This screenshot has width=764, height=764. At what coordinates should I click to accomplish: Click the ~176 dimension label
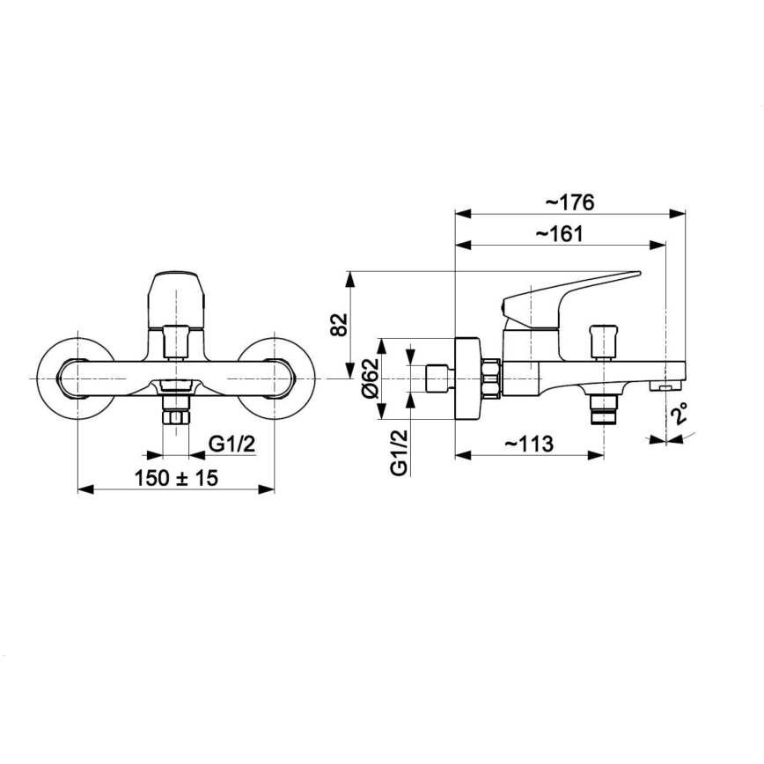[x=569, y=202]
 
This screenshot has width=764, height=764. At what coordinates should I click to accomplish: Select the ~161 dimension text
[x=560, y=234]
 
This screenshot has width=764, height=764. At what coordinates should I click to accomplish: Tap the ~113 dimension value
[x=529, y=444]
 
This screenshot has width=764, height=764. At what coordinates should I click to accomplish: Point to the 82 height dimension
[x=340, y=324]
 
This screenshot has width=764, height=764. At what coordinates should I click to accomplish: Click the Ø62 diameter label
[x=371, y=378]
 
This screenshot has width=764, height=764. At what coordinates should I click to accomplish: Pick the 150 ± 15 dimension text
[x=176, y=478]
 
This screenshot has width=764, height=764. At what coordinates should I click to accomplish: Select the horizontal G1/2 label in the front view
[x=232, y=444]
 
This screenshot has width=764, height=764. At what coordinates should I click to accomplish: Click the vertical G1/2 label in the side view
[x=399, y=452]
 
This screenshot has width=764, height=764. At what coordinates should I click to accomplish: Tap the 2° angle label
[x=679, y=413]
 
